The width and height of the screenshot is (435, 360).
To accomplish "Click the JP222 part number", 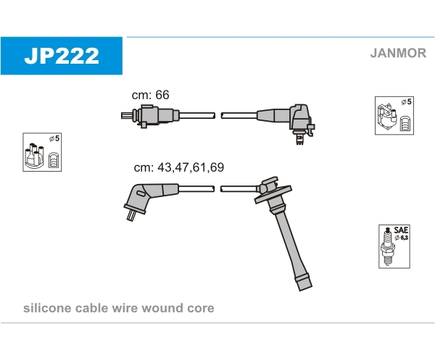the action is click(x=62, y=56).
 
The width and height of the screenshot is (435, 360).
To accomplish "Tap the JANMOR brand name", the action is click(x=398, y=53).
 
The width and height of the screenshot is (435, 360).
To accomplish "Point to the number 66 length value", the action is click(x=162, y=95).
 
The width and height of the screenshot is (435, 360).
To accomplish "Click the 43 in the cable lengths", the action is click(x=164, y=167).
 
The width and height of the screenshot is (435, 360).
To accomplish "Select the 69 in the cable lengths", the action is click(x=217, y=167).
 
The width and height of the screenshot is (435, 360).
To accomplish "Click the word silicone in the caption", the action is click(x=47, y=308).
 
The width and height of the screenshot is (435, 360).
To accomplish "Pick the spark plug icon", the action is click(x=388, y=246).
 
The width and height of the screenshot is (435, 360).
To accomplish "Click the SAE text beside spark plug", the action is click(x=401, y=230).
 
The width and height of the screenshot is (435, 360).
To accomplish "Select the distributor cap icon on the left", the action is click(x=34, y=156).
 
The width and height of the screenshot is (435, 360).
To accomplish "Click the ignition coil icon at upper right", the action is click(x=387, y=117).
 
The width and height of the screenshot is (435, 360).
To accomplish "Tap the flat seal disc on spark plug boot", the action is click(x=273, y=193).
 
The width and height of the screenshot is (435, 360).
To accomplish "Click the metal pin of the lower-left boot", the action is click(x=130, y=215).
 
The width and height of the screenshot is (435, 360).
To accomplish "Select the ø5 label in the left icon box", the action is click(x=54, y=138).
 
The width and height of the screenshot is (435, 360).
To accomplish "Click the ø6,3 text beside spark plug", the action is click(x=402, y=238).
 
